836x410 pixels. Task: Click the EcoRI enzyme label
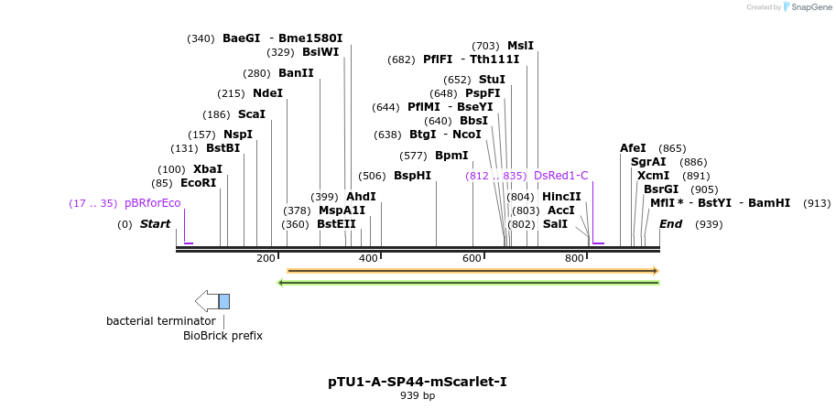point(198,183)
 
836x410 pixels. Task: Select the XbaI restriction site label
point(207,169)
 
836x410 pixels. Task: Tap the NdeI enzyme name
point(267,93)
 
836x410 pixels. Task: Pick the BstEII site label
point(336,223)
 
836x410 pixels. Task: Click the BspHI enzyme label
point(412,176)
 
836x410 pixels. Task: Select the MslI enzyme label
point(520,46)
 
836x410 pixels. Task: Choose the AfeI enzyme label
point(633,148)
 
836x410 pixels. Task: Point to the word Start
point(155,224)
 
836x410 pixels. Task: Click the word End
point(670,224)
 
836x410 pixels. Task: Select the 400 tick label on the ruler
point(368,259)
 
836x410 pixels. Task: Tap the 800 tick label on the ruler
point(574,259)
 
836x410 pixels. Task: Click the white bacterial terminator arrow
point(206,301)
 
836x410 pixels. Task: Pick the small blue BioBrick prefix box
point(224,301)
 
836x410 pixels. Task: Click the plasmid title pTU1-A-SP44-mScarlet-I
point(418,381)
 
